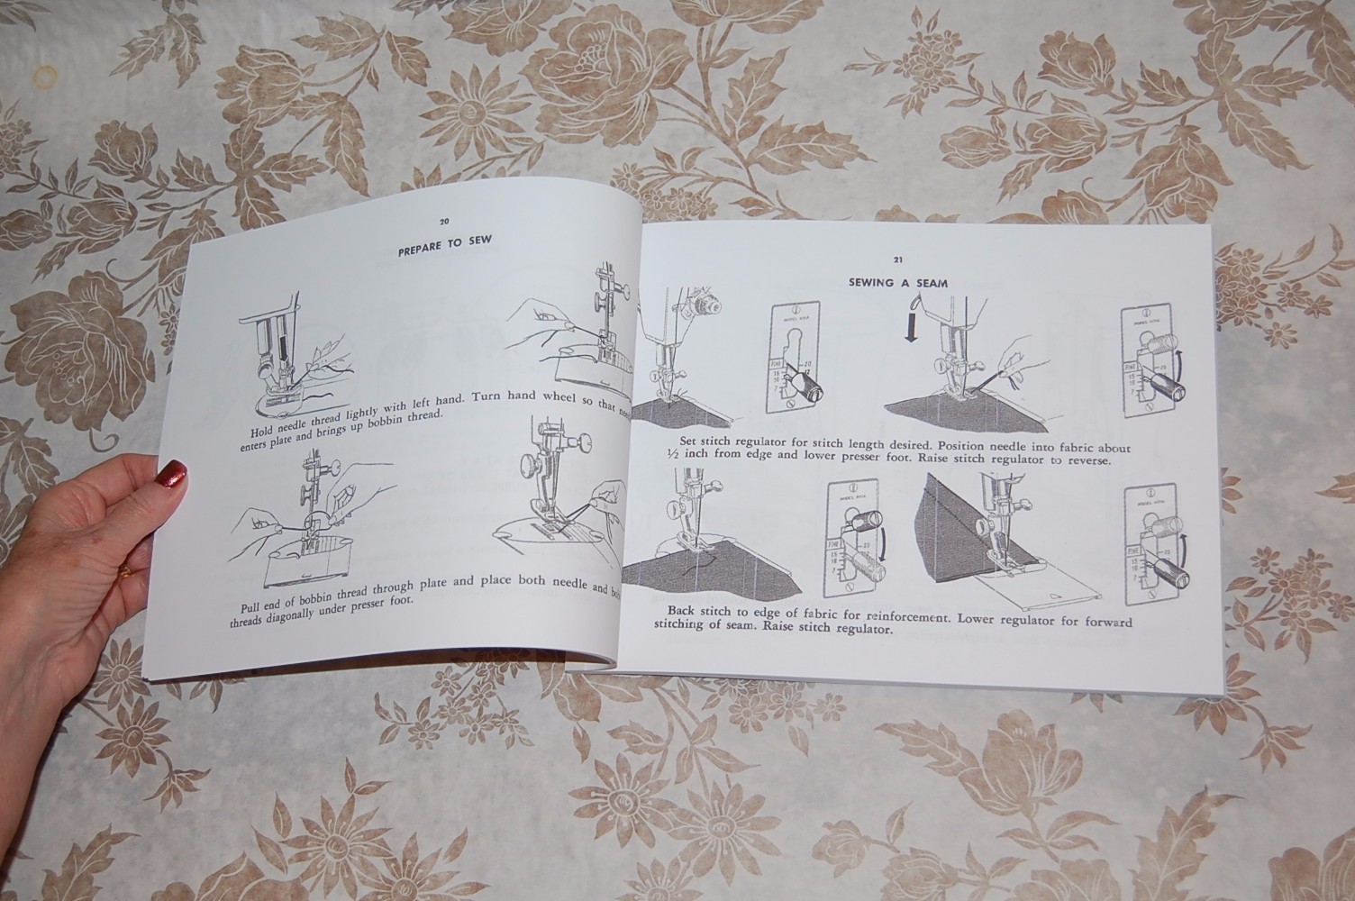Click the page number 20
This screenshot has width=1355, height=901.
coord(444,222)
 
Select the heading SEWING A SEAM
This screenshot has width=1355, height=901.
coord(897,282)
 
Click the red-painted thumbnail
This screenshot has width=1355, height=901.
coord(172,472)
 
